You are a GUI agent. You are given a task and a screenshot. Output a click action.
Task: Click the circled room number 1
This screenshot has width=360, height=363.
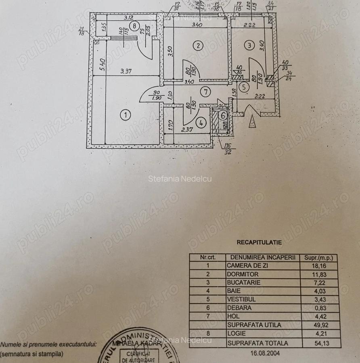126,115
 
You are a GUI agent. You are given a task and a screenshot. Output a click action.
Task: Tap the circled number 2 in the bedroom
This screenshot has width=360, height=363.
198,46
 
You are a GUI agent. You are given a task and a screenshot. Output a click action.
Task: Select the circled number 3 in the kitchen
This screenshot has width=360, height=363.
250,46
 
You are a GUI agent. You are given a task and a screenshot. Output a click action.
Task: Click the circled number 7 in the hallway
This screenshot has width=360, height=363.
206,92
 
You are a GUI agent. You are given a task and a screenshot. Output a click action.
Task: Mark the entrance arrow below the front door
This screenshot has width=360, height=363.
253,121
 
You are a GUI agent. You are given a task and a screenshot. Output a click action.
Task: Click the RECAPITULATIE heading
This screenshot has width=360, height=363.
259,242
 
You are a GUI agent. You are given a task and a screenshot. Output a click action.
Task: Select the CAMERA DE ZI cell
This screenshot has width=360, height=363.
247,266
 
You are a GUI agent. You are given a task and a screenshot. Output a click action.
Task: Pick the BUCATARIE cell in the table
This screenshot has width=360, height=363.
243,283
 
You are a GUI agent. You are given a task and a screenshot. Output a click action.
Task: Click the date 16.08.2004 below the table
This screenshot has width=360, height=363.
264,353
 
